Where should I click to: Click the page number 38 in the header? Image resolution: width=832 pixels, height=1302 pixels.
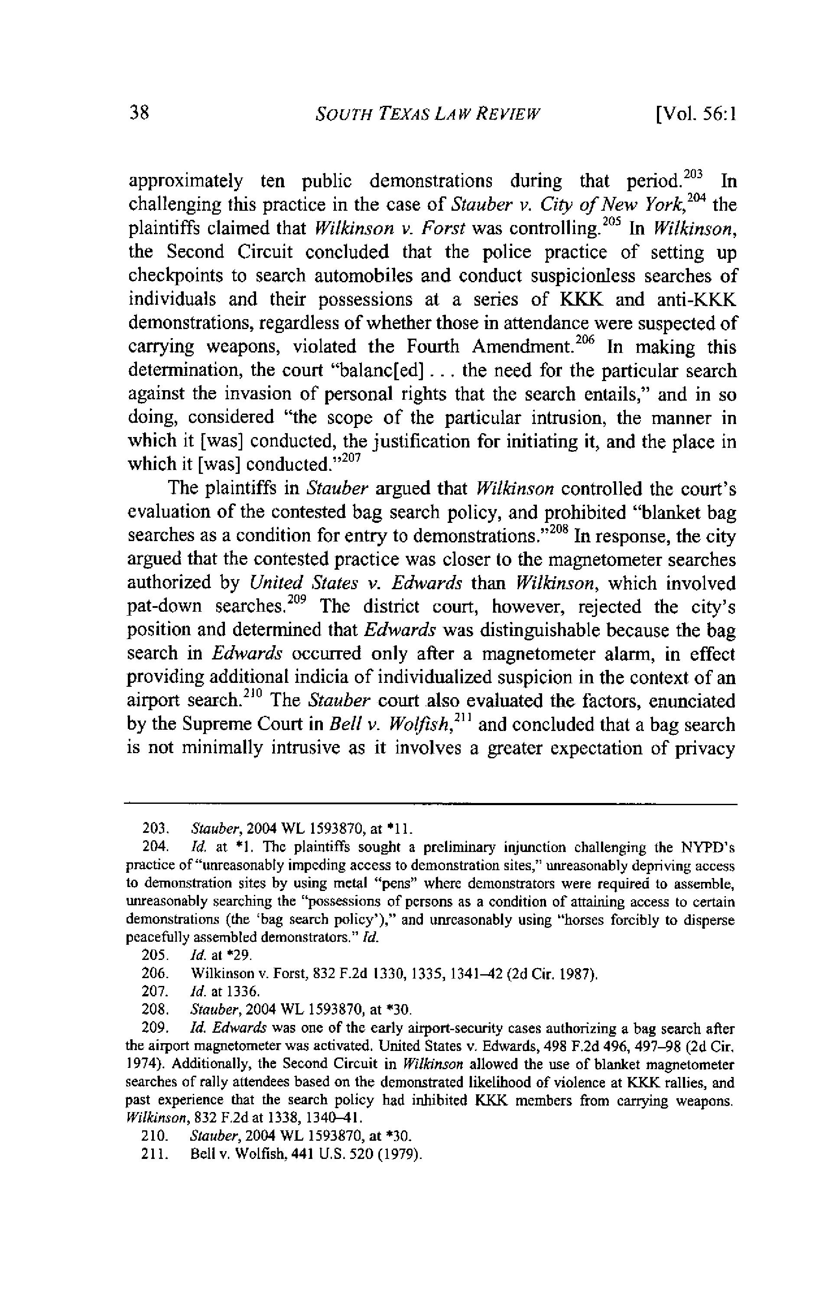[x=138, y=114]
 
